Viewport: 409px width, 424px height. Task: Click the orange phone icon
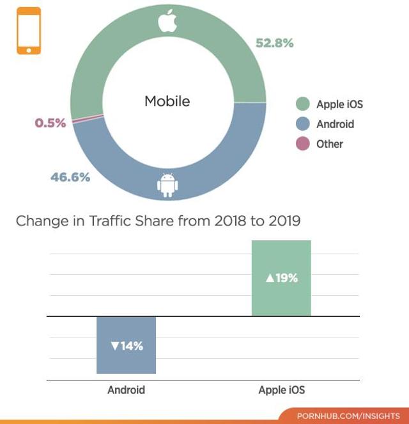click(29, 31)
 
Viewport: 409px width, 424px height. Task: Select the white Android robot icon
click(167, 184)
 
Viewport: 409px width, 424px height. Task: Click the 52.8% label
click(274, 44)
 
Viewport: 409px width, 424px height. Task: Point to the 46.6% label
click(70, 177)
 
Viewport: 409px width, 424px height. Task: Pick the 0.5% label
click(50, 123)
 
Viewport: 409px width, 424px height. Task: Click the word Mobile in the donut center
click(167, 101)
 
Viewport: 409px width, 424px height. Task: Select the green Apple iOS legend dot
click(303, 104)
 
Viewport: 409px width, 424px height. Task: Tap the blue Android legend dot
click(303, 124)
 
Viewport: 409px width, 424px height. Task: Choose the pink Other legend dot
click(303, 143)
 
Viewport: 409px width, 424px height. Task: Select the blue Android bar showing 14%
click(126, 345)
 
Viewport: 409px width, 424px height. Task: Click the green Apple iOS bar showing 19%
click(281, 278)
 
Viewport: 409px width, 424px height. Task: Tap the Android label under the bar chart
click(126, 389)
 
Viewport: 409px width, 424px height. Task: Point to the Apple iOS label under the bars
click(282, 389)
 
